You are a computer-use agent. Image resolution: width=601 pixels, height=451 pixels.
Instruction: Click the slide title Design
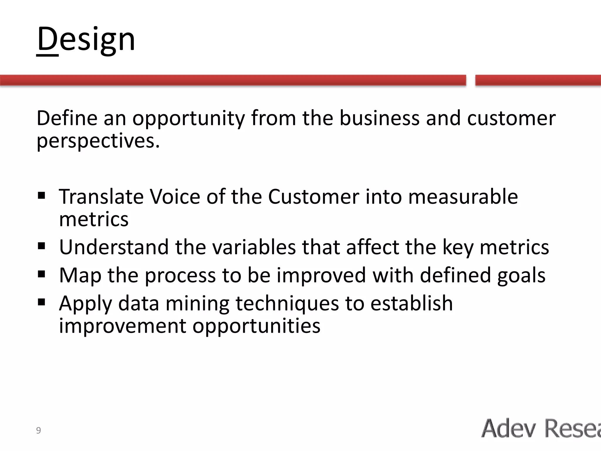86,39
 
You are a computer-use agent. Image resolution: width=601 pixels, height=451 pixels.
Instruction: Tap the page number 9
38,430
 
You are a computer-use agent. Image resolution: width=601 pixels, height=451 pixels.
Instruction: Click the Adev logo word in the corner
509,428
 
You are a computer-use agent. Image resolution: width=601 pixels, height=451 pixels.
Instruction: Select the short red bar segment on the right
538,80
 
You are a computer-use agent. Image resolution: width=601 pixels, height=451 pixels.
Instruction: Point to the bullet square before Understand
41,245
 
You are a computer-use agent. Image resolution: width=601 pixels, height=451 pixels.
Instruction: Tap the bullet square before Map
41,274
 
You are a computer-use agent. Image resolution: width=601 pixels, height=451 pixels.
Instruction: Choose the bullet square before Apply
41,302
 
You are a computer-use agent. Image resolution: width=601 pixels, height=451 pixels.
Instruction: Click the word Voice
175,196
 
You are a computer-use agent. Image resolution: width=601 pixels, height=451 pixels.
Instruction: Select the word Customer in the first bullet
313,196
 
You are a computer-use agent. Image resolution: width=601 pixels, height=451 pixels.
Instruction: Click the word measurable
463,196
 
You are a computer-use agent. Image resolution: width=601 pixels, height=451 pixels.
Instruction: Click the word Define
67,118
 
